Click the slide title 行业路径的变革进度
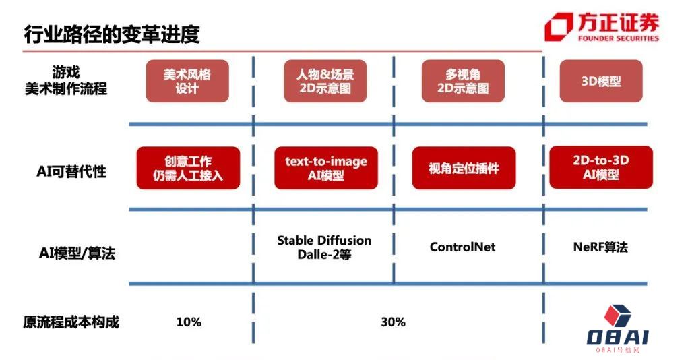[112, 34]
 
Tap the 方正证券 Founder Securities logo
[602, 28]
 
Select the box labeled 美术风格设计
[187, 81]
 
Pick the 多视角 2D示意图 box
[463, 81]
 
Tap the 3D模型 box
[600, 81]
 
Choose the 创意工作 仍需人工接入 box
[188, 169]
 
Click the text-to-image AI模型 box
[326, 169]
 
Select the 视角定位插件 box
[464, 168]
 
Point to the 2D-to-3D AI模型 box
[600, 167]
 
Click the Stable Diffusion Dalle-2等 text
[324, 247]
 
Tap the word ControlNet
[462, 247]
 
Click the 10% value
[189, 322]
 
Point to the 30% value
[393, 322]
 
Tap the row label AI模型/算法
[77, 253]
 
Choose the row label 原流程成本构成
[71, 322]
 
